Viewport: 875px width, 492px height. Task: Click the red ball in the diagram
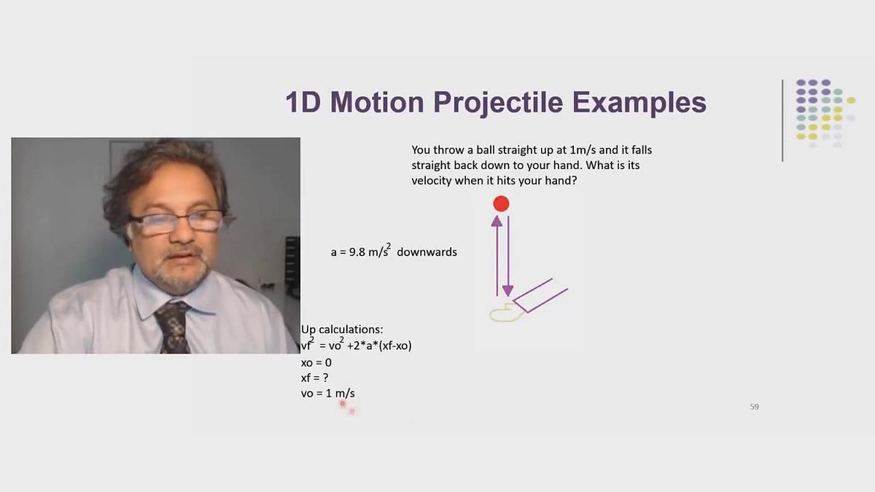(x=501, y=204)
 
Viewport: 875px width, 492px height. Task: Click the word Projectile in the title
(x=498, y=103)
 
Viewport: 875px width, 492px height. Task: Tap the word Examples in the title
(x=639, y=102)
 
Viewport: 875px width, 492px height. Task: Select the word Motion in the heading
(x=377, y=102)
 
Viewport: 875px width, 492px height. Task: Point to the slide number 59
(x=754, y=407)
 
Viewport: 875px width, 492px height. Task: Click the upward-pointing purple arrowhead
(x=497, y=221)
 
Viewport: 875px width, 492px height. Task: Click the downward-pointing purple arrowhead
(x=507, y=291)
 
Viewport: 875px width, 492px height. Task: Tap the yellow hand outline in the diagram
(x=507, y=313)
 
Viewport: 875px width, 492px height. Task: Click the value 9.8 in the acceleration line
(x=357, y=252)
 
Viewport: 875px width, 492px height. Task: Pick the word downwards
(x=427, y=252)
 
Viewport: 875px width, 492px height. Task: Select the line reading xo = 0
(x=316, y=363)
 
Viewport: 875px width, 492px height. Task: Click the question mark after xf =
(x=326, y=378)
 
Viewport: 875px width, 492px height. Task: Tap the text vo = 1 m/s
(x=327, y=393)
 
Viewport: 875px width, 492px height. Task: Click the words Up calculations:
(x=342, y=329)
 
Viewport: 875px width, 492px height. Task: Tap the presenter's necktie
(x=173, y=327)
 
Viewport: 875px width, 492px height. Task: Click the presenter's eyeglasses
(x=176, y=222)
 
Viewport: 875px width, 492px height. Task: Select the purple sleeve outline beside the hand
(x=540, y=296)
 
